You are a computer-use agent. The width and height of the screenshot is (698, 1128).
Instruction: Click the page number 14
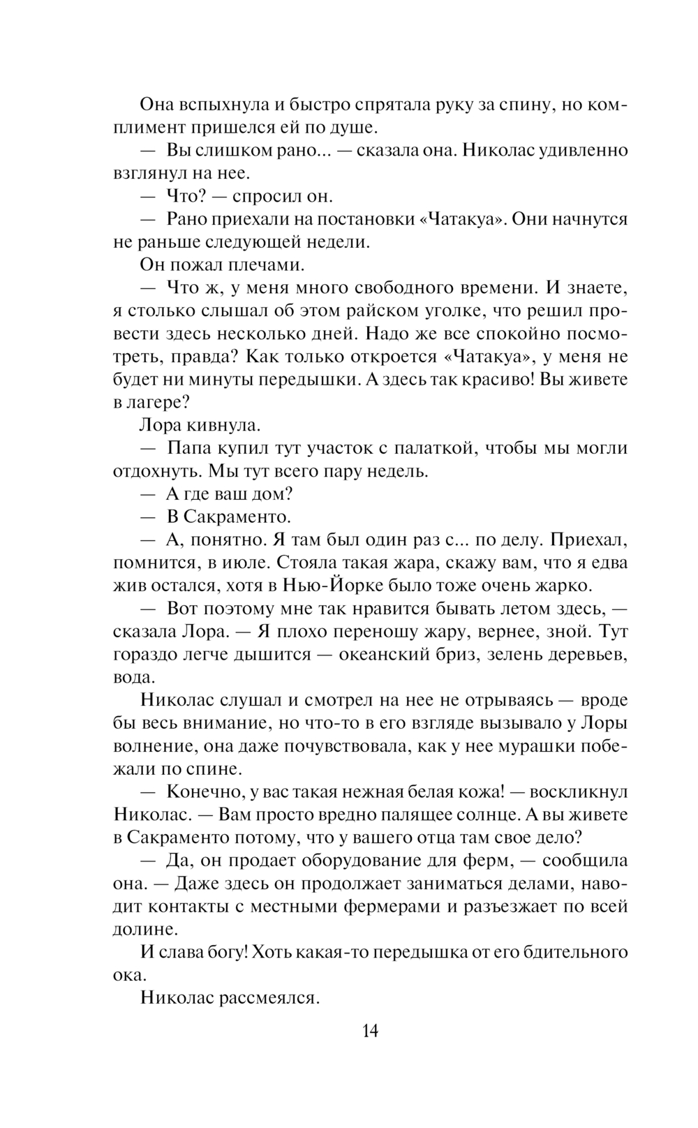coord(370,1030)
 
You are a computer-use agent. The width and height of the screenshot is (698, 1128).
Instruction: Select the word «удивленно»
coord(585,150)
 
